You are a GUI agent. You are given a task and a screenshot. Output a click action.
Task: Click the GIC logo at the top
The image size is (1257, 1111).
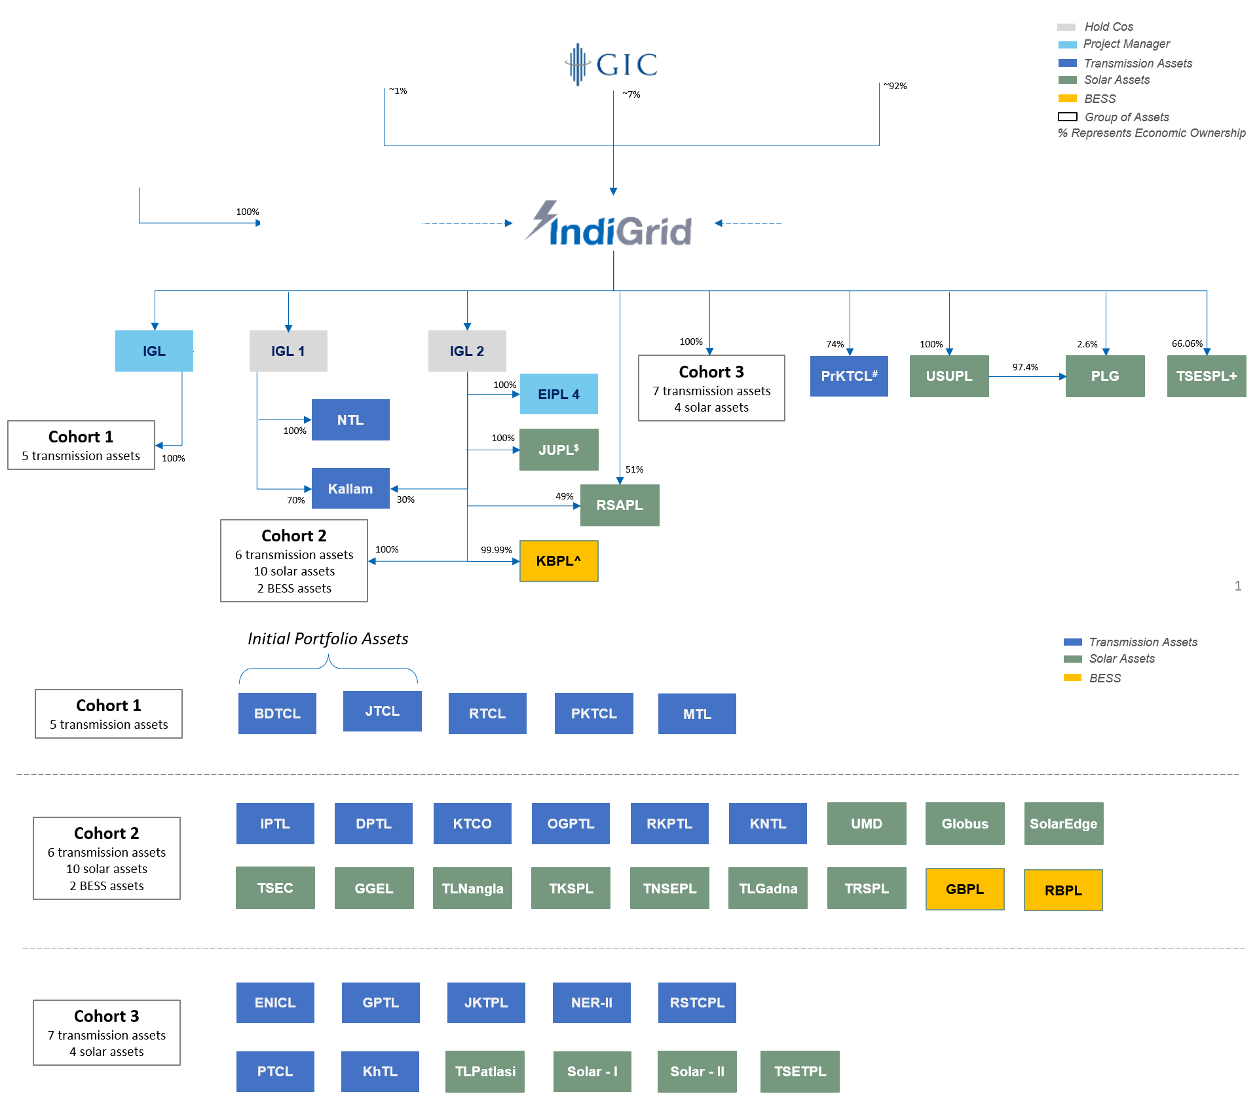(x=611, y=64)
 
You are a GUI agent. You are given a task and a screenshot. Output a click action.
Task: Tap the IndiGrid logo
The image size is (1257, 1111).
(x=609, y=225)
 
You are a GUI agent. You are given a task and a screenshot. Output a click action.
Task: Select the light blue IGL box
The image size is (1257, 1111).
(x=154, y=351)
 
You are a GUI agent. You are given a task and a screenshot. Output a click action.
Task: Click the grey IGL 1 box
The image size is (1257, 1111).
(x=288, y=351)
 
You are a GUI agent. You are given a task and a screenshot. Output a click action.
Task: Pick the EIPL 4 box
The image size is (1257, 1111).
(x=559, y=394)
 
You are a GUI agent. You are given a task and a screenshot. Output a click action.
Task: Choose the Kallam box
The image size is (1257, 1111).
(x=350, y=488)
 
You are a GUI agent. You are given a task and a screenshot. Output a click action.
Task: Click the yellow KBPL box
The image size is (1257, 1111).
(x=559, y=561)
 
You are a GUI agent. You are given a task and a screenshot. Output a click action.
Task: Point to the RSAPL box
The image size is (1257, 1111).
(x=620, y=505)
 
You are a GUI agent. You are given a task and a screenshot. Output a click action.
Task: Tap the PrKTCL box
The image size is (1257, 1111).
(x=849, y=376)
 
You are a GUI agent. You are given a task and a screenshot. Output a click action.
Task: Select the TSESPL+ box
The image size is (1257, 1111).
(x=1207, y=376)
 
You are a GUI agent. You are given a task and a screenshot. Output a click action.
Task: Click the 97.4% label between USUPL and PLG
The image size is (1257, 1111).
(x=1025, y=367)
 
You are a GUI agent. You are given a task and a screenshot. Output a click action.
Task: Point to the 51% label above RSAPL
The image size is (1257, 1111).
(x=634, y=469)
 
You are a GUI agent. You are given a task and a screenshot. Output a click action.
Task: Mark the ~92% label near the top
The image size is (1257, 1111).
(x=895, y=86)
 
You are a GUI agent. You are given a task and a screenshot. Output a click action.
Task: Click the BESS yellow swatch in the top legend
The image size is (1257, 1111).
(x=1067, y=98)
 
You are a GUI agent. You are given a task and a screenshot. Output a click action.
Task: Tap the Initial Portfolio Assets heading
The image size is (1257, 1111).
(x=328, y=638)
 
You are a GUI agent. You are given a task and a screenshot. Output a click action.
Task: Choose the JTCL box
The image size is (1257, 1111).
(x=383, y=711)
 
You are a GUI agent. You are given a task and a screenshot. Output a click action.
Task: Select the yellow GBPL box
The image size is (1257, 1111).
(x=965, y=889)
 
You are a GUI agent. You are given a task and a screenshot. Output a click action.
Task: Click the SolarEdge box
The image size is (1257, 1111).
(x=1064, y=824)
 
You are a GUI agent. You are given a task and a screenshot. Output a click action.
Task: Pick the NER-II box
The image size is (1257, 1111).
(x=591, y=1003)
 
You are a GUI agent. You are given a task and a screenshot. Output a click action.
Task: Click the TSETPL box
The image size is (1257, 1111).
(x=800, y=1072)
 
